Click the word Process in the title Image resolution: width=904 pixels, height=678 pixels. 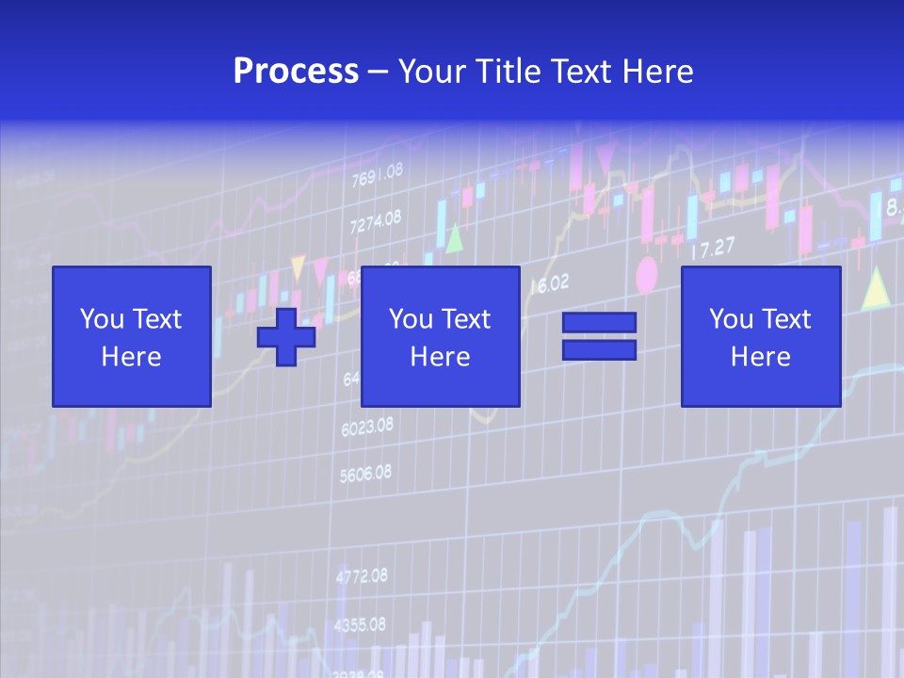click(296, 72)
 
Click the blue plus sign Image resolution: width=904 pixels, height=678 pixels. click(286, 337)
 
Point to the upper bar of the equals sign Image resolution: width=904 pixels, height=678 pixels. click(599, 322)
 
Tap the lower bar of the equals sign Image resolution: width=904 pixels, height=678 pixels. click(599, 350)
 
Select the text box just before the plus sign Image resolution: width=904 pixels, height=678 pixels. click(131, 336)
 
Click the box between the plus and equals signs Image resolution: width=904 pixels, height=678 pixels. click(440, 336)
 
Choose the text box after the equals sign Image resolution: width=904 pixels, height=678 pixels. click(760, 336)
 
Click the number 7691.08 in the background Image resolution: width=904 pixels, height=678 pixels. click(377, 175)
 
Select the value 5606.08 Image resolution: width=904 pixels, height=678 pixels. click(365, 474)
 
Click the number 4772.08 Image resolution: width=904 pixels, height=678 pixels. click(361, 575)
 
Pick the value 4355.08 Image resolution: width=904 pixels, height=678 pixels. click(360, 624)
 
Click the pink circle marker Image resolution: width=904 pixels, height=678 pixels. click(646, 275)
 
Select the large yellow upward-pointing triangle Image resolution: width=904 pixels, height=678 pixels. click(876, 288)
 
